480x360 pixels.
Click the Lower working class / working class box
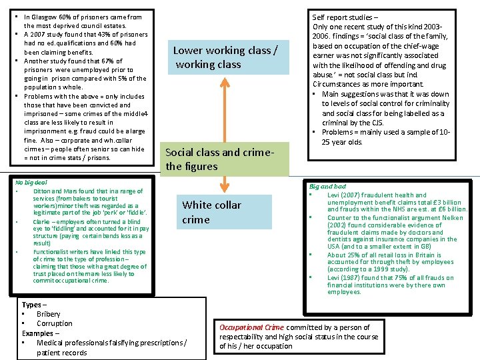click(x=225, y=57)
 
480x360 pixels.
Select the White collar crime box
click(x=212, y=212)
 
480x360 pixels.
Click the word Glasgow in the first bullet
click(x=51, y=17)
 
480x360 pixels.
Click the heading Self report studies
click(x=345, y=17)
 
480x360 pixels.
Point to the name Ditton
click(x=43, y=191)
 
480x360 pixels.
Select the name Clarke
click(x=42, y=222)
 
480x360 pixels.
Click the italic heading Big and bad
click(x=327, y=187)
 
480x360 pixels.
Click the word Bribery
click(x=48, y=314)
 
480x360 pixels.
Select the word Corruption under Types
click(x=55, y=323)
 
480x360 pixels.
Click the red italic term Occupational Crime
click(x=251, y=327)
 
